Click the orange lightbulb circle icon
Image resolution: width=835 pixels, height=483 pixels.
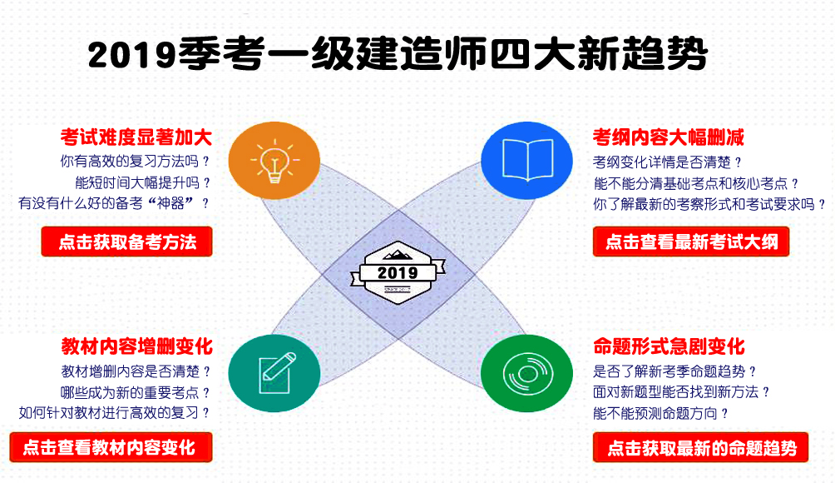point(274,161)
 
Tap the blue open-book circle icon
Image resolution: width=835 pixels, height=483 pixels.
point(526,161)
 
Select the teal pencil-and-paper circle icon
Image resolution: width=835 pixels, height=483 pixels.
point(274,373)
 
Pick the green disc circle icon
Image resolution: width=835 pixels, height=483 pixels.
point(526,373)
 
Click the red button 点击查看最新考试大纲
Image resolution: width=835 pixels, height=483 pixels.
point(691,242)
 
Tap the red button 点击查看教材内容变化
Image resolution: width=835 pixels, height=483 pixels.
point(111,446)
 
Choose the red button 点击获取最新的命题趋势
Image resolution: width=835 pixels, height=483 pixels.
point(701,447)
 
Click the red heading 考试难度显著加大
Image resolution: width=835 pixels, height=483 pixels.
point(136,137)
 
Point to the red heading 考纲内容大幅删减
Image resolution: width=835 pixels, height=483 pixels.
point(669,137)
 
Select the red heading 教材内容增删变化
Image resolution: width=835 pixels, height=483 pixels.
point(137,346)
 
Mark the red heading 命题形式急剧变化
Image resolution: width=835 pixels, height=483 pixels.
point(669,346)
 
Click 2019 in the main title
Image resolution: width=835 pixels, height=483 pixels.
point(132,54)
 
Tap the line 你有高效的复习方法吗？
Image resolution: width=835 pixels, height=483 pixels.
point(136,161)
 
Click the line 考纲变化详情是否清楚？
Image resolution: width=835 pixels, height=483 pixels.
point(668,162)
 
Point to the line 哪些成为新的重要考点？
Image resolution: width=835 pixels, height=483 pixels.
point(136,393)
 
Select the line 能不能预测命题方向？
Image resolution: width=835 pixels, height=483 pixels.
point(661,413)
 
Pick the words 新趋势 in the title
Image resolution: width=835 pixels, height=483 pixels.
point(643,53)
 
